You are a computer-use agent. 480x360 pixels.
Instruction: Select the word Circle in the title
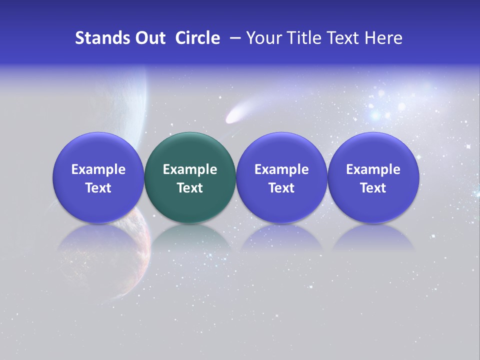pyautogui.click(x=197, y=38)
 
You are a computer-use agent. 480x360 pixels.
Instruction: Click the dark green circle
pyautogui.click(x=190, y=150)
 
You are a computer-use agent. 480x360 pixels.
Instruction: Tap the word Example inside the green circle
pyautogui.click(x=190, y=169)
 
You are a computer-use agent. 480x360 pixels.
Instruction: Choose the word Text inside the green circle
pyautogui.click(x=190, y=188)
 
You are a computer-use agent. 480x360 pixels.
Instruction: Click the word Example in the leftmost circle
pyautogui.click(x=98, y=169)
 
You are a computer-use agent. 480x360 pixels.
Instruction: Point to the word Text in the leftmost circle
pyautogui.click(x=98, y=188)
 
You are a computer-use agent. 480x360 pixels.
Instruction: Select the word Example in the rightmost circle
pyautogui.click(x=373, y=169)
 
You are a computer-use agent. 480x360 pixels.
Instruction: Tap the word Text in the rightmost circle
pyautogui.click(x=373, y=188)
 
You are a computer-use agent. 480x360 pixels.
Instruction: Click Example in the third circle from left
pyautogui.click(x=281, y=169)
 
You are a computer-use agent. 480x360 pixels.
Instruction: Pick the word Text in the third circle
pyautogui.click(x=281, y=188)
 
